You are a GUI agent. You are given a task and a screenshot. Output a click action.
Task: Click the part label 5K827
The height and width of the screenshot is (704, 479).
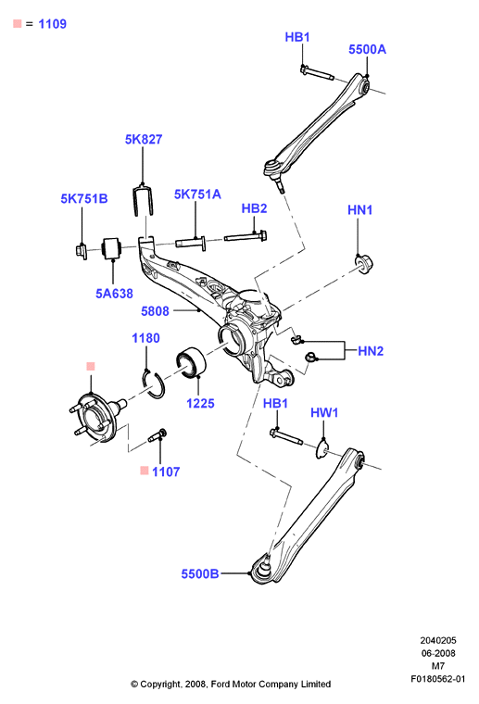(144, 139)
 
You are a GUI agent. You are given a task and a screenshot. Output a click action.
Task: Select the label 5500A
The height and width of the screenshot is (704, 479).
(367, 49)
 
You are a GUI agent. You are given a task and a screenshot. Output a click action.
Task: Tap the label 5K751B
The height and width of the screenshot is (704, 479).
(84, 198)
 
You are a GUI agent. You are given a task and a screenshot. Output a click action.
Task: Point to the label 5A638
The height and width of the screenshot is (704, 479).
(114, 294)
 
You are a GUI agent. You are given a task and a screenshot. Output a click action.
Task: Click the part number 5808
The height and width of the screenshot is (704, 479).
(155, 311)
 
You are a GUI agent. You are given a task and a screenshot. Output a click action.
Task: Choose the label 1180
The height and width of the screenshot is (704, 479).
(145, 338)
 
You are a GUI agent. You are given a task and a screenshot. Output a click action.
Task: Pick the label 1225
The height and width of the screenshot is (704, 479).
(200, 403)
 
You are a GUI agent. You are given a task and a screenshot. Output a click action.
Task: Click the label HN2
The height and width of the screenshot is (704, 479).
(371, 351)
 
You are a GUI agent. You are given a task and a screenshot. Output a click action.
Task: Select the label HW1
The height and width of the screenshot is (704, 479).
(324, 412)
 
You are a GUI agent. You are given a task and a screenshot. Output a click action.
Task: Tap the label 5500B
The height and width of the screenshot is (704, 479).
(200, 573)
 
